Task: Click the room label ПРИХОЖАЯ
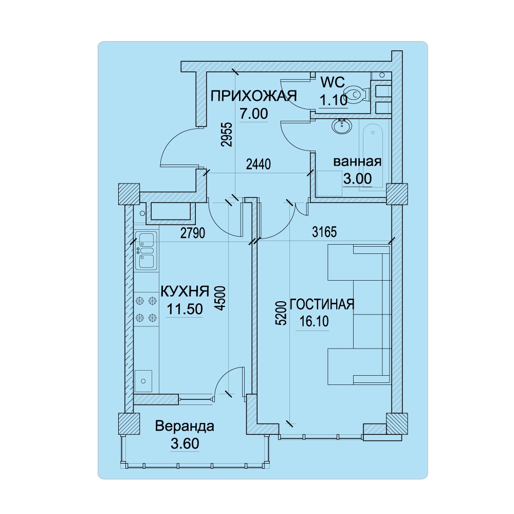[x=253, y=96]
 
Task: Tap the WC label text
[x=333, y=82]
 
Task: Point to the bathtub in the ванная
[x=373, y=155]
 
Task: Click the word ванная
[x=357, y=161]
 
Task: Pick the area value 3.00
[x=357, y=179]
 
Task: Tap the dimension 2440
[x=259, y=164]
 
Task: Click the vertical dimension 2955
[x=226, y=134]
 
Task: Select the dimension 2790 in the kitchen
[x=193, y=233]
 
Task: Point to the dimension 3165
[x=324, y=232]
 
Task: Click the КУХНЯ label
[x=185, y=291]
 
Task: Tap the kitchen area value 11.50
[x=185, y=309]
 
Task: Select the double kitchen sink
[x=146, y=250]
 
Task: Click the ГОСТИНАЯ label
[x=322, y=304]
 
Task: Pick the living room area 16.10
[x=314, y=322]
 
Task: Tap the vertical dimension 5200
[x=281, y=313]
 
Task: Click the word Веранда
[x=185, y=426]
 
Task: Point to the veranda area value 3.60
[x=185, y=444]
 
